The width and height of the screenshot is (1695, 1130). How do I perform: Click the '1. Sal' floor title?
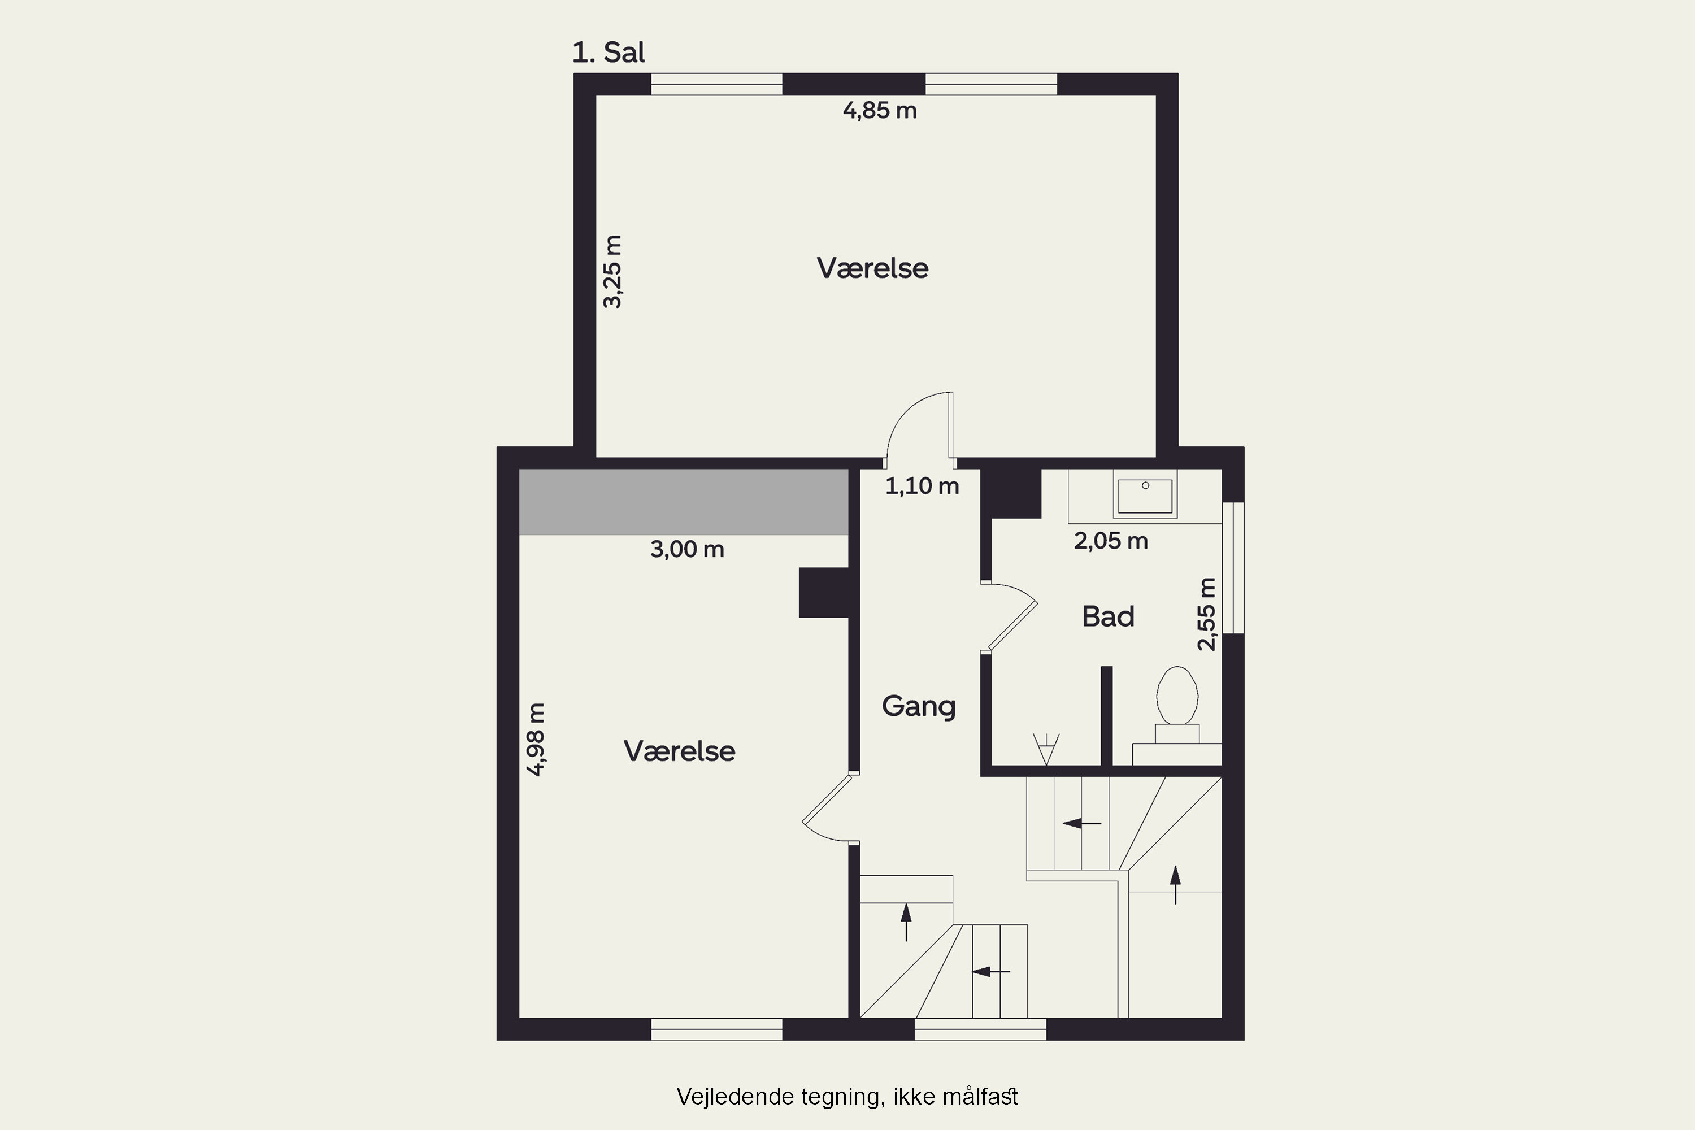609,53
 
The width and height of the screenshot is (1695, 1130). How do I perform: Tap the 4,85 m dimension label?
880,110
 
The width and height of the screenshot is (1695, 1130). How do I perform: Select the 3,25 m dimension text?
612,272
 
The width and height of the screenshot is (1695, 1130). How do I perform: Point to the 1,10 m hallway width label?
922,486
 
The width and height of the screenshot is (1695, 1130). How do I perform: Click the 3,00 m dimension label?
687,549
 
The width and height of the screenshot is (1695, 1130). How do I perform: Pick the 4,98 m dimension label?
536,740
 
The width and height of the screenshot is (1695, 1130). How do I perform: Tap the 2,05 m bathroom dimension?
1111,541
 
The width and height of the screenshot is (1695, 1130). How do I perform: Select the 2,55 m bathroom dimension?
1206,614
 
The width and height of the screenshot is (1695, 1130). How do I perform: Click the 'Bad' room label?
1109,617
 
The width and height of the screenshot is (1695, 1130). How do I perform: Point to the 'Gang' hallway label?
919,706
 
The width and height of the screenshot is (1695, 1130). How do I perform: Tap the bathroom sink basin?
1145,494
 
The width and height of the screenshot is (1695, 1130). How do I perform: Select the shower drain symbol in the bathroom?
1046,749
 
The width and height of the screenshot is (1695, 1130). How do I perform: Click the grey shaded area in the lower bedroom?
683,502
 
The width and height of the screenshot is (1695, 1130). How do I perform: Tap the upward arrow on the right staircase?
1175,885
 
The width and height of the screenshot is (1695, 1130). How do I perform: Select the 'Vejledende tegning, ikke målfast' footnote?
847,1097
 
